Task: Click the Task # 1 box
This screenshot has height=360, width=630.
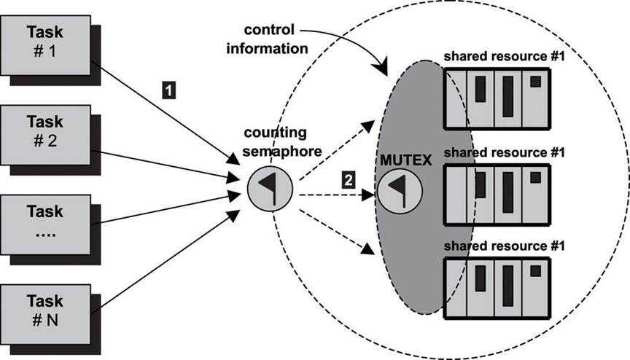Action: click(45, 42)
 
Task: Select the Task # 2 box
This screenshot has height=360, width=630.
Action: click(45, 131)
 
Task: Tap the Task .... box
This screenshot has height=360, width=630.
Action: click(45, 222)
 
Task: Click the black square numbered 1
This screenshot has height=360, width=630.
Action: click(168, 90)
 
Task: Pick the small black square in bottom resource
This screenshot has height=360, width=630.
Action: click(536, 270)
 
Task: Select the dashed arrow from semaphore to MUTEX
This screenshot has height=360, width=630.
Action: click(335, 195)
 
